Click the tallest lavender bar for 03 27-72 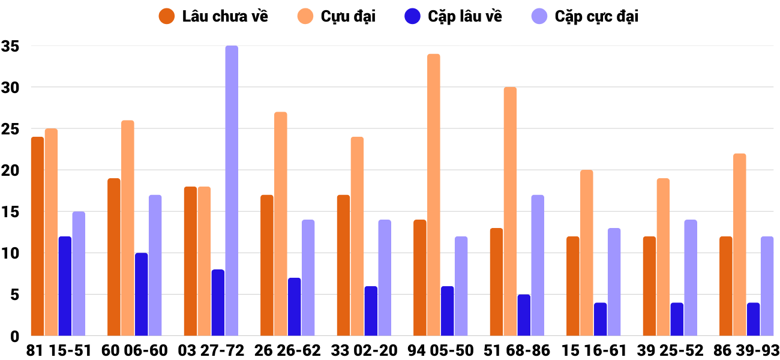[x=232, y=191]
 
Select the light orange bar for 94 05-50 [x=434, y=195]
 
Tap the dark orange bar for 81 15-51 [x=37, y=236]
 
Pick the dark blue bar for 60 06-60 [x=141, y=295]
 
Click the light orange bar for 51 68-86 [x=510, y=211]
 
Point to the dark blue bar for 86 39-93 [x=754, y=319]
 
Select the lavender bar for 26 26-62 [x=308, y=278]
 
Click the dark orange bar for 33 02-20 [x=343, y=265]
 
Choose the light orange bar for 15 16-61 [x=587, y=253]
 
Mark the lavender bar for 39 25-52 [x=691, y=278]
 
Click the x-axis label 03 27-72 [x=211, y=350]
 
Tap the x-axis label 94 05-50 [x=440, y=350]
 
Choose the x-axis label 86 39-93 [x=746, y=350]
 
